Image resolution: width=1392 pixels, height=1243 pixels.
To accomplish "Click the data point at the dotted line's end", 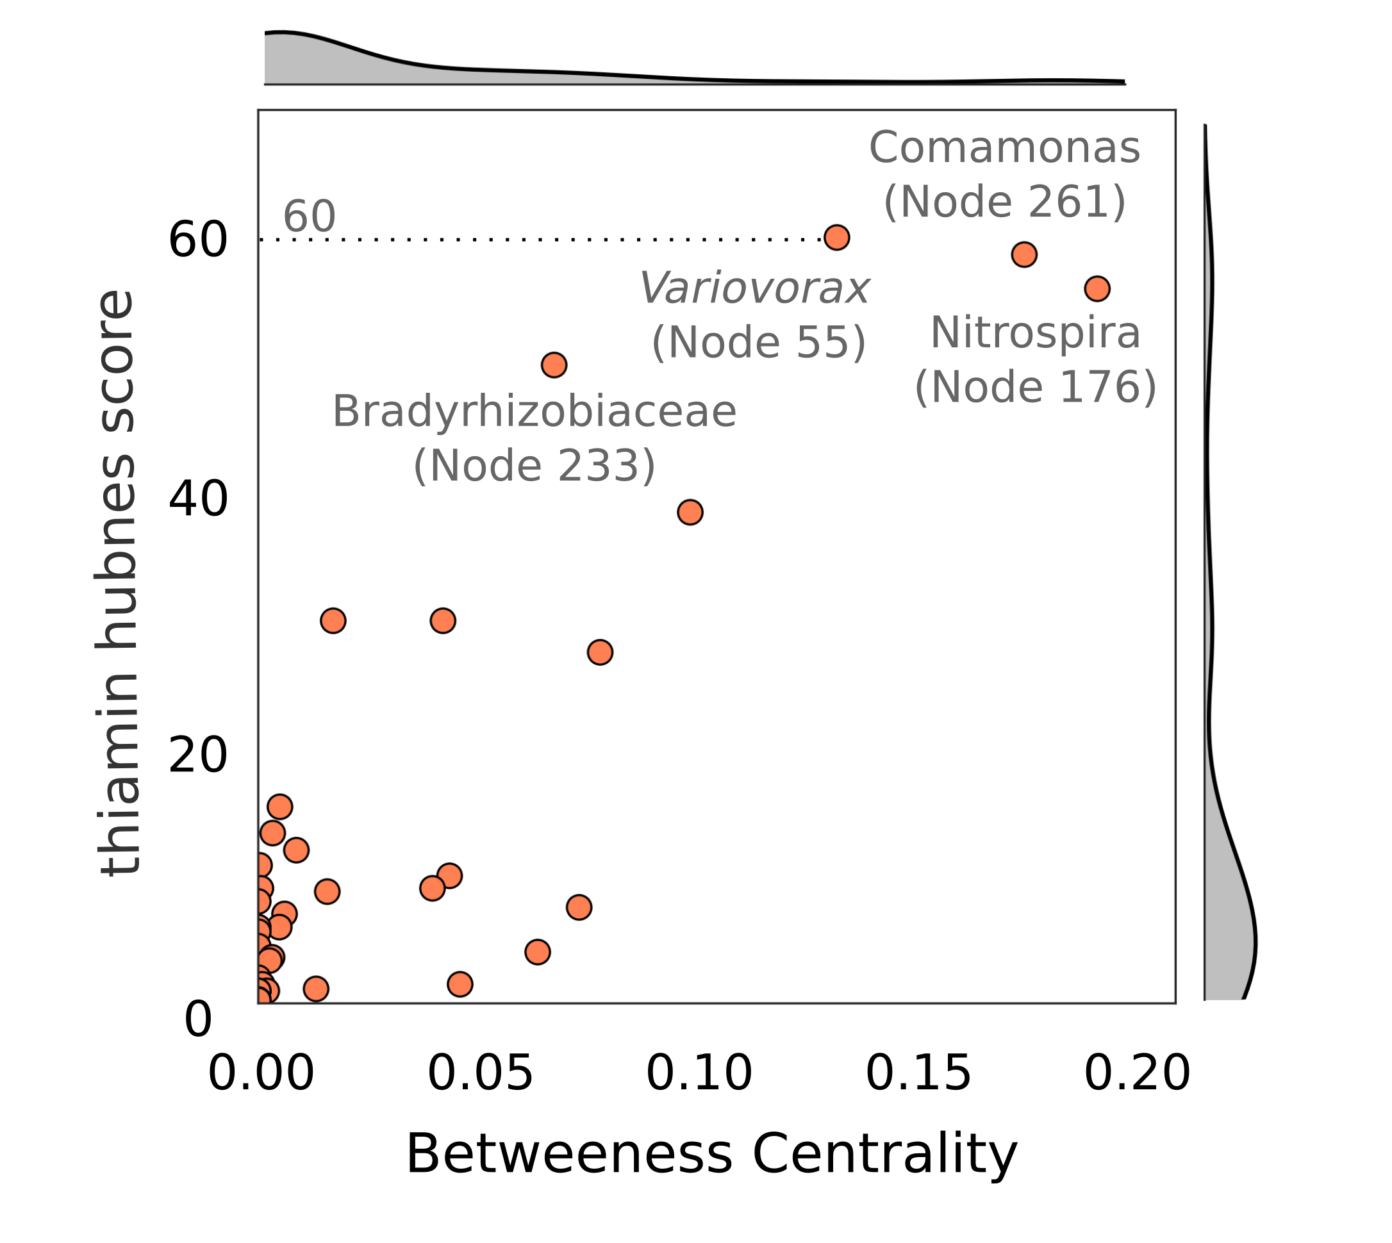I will (x=837, y=238).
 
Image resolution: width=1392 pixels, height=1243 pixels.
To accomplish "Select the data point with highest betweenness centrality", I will (x=1097, y=289).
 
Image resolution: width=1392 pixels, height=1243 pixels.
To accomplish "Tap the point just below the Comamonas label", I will (x=1024, y=255).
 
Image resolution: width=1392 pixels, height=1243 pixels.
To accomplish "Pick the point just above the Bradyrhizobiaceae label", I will (x=554, y=365).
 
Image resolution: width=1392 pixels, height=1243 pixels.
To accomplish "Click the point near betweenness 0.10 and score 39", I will (x=690, y=512).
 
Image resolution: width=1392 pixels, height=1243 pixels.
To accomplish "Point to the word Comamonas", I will (x=1004, y=148).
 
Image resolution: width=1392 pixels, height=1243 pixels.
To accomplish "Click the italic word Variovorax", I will (x=754, y=288).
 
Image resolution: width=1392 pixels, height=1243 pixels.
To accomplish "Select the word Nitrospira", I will (x=1036, y=333).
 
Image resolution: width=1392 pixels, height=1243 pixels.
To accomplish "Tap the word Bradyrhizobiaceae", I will (x=534, y=412).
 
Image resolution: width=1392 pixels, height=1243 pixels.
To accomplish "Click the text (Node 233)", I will (x=534, y=466).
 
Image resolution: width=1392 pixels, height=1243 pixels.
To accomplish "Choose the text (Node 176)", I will (x=1036, y=387).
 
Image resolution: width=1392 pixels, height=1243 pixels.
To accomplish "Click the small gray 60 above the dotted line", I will (x=309, y=217).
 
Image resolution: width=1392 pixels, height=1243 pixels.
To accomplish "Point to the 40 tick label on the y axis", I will (x=197, y=500).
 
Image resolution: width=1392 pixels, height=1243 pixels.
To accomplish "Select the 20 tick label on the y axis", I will (x=197, y=756).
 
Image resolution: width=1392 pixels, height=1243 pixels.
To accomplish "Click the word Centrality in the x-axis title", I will (x=884, y=1155).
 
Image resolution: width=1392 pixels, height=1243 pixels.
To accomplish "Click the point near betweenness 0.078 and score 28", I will (x=600, y=652).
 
